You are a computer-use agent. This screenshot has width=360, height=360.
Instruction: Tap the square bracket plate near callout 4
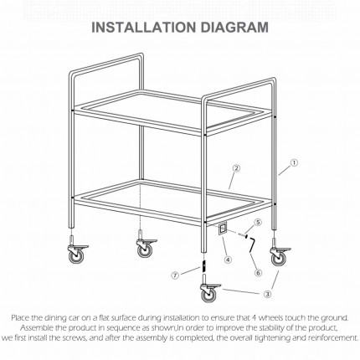223,228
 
